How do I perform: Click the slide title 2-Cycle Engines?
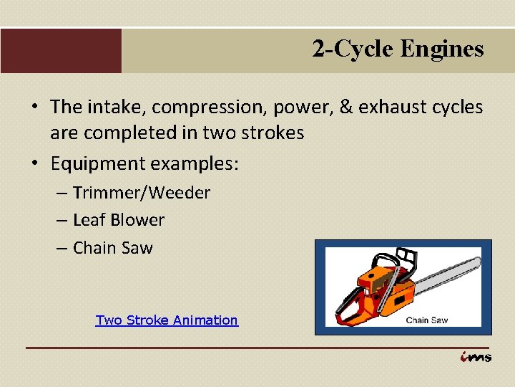click(398, 49)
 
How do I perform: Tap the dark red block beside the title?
click(61, 51)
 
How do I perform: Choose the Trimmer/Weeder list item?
click(141, 193)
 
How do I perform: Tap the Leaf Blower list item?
click(118, 220)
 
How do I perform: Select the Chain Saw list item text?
click(112, 248)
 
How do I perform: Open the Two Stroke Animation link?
click(167, 320)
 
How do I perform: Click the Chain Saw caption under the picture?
click(426, 320)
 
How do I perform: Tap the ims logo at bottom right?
click(475, 356)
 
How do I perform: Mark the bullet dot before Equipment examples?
click(34, 163)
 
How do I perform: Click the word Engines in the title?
click(442, 49)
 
